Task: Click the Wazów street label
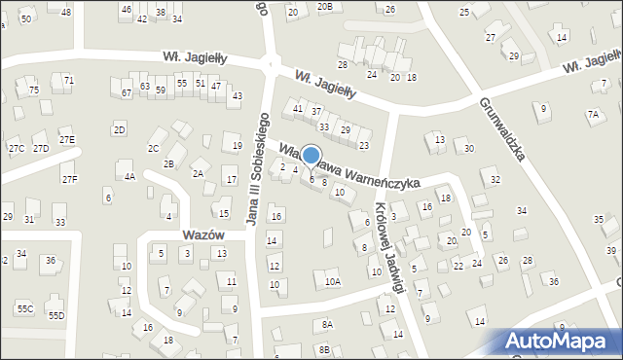click(203, 235)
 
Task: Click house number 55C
click(25, 308)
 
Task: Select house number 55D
click(56, 315)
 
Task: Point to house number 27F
click(69, 179)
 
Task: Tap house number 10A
click(333, 282)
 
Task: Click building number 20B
click(325, 7)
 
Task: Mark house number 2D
click(119, 129)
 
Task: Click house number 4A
click(129, 177)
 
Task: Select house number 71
click(68, 79)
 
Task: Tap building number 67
click(127, 92)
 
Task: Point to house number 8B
click(321, 349)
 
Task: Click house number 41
click(298, 107)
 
